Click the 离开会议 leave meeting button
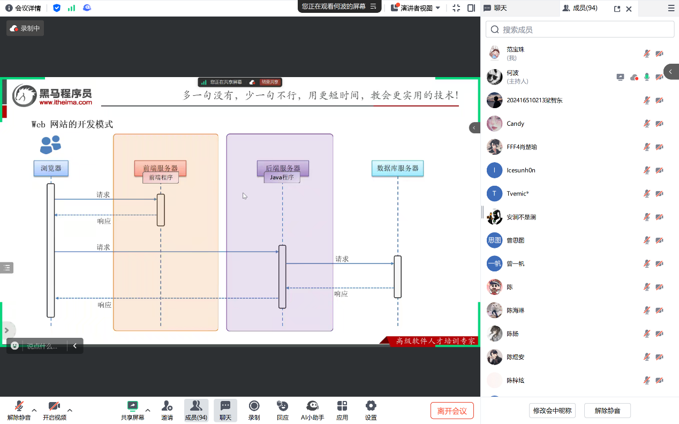(x=452, y=411)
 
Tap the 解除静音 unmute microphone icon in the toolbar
(x=19, y=406)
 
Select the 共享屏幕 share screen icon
(x=132, y=406)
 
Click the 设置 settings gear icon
(x=371, y=406)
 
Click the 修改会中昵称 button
(x=552, y=411)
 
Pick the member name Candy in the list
(x=516, y=124)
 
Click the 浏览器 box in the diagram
(x=51, y=168)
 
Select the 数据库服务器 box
(x=398, y=168)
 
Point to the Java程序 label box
(x=282, y=177)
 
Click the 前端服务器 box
(x=160, y=168)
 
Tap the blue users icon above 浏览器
(x=50, y=145)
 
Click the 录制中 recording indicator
(x=25, y=28)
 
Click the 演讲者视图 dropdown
(x=416, y=8)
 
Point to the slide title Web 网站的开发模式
(x=72, y=124)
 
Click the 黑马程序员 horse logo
(x=25, y=95)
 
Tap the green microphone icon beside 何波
(x=647, y=77)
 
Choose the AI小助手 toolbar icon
(x=313, y=406)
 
